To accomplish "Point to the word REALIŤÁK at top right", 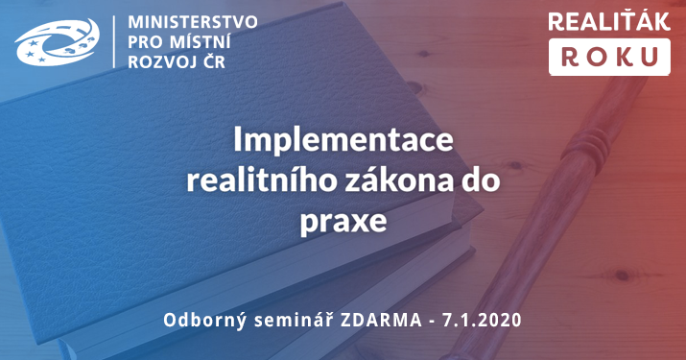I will pyautogui.click(x=608, y=20).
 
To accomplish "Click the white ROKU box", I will pyautogui.click(x=608, y=56).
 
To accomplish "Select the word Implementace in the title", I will pyautogui.click(x=343, y=141).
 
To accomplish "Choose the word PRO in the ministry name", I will pyautogui.click(x=149, y=42).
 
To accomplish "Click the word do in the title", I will pyautogui.click(x=487, y=180).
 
